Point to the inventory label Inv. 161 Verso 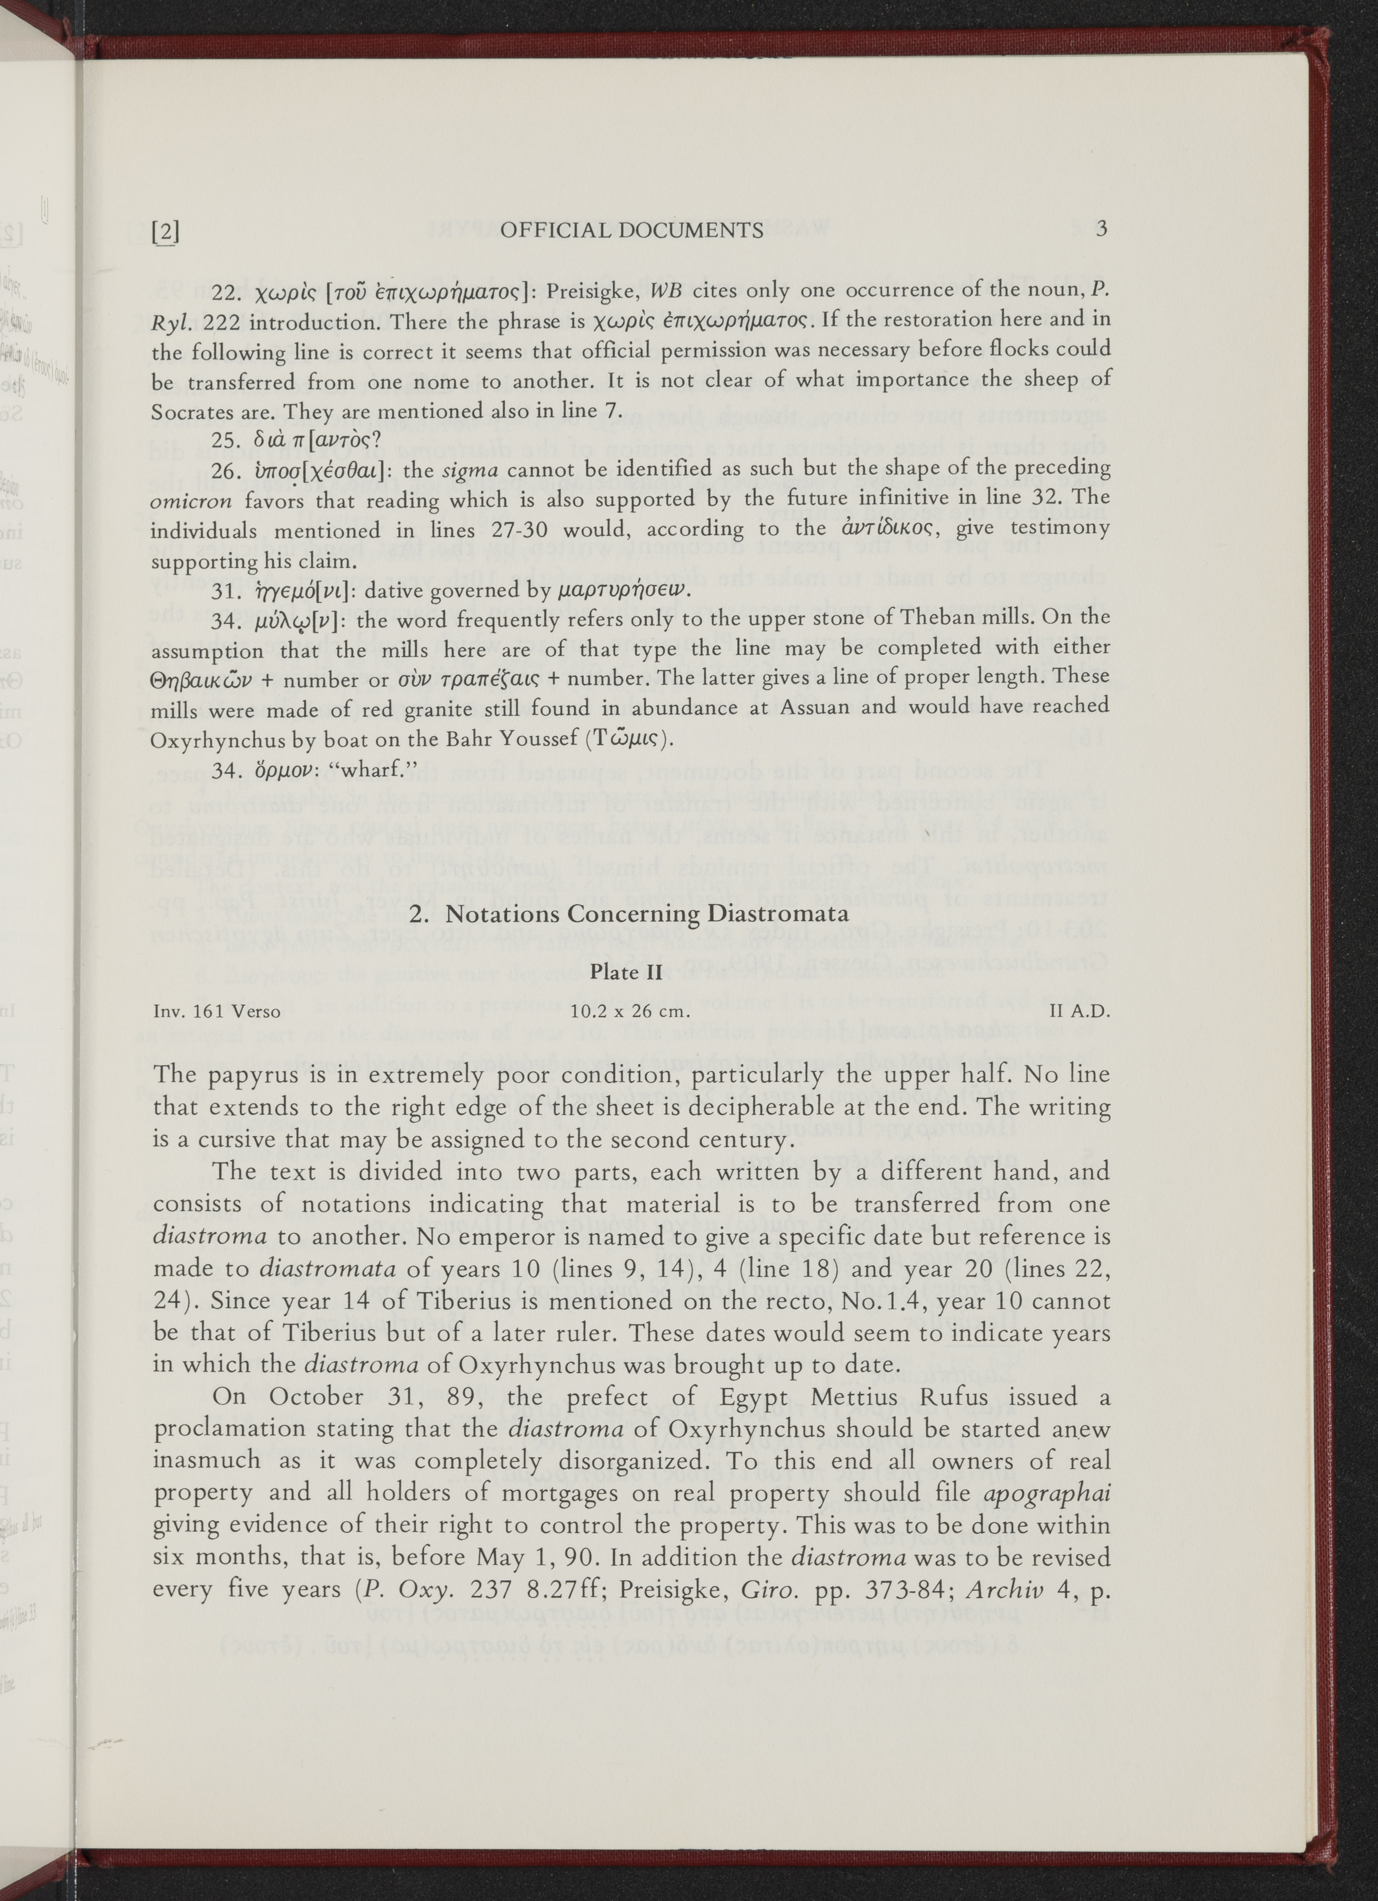(x=216, y=1012)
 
